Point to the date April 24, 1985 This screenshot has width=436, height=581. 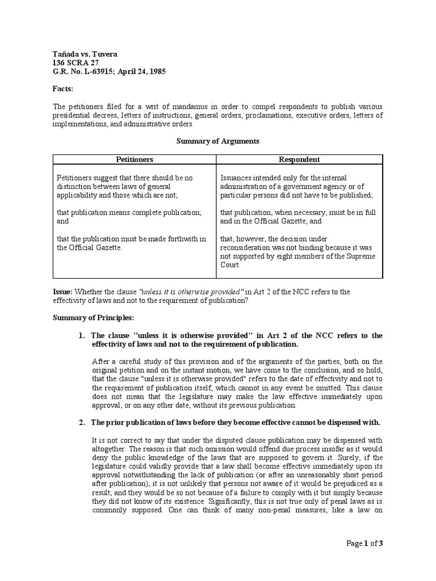[142, 71]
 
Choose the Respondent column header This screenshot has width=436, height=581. [299, 160]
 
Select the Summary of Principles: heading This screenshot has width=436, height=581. [93, 318]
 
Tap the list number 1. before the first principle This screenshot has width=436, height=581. [82, 335]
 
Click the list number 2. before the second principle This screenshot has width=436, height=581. [82, 423]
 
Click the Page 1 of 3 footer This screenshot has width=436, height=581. [364, 544]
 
